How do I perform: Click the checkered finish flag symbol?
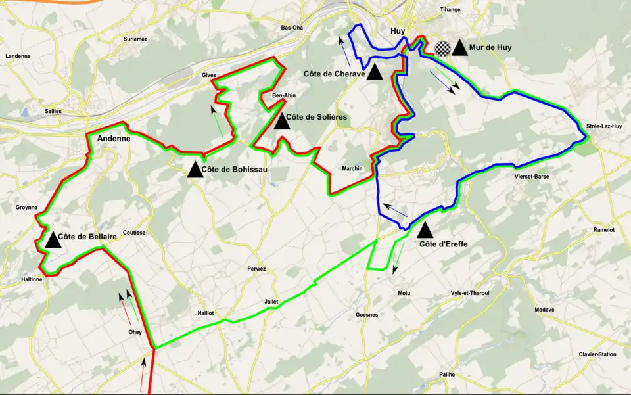(444, 49)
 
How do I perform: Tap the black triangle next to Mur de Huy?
(460, 48)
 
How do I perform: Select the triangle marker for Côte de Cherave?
(375, 72)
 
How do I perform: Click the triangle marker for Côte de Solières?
(282, 122)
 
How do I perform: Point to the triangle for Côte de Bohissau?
(195, 170)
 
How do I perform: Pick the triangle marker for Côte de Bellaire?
(53, 240)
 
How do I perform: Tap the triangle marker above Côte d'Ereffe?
(425, 231)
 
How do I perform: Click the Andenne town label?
(114, 139)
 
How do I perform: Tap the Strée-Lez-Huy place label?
(604, 126)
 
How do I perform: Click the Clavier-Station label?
(597, 354)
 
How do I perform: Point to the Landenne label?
(18, 56)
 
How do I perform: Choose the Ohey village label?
(135, 332)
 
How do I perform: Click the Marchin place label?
(352, 169)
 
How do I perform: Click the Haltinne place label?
(32, 279)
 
